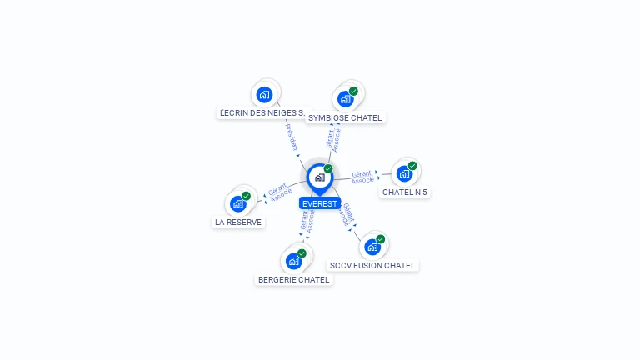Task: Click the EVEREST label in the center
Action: [320, 203]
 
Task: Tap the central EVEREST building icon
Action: [319, 177]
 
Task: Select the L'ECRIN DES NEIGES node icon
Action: [265, 94]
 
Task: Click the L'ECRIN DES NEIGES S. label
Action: [261, 112]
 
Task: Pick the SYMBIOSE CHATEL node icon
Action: [345, 99]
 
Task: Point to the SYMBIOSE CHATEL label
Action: [345, 118]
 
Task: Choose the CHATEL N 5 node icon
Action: [404, 173]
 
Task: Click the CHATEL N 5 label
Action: [404, 192]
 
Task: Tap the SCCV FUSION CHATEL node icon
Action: [372, 247]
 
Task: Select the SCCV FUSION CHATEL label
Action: [372, 266]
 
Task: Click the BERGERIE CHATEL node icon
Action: [293, 261]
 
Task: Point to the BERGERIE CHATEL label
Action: [293, 280]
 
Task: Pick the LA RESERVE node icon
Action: [238, 203]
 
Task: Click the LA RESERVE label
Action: [238, 222]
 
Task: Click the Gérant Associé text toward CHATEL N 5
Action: [362, 177]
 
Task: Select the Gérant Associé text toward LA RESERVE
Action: [280, 192]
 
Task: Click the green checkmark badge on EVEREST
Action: [328, 168]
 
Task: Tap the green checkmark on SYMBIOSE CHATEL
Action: [353, 92]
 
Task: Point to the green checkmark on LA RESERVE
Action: [246, 196]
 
